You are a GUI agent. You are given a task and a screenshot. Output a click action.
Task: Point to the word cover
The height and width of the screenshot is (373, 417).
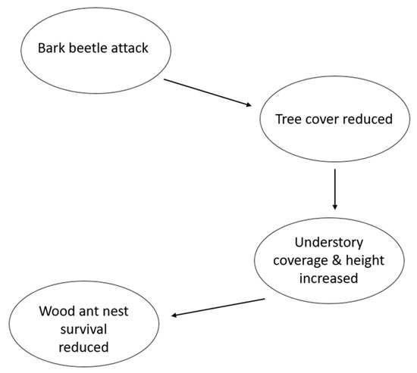tap(322, 119)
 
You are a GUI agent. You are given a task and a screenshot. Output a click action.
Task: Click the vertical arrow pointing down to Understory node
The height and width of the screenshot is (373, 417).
tap(334, 189)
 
